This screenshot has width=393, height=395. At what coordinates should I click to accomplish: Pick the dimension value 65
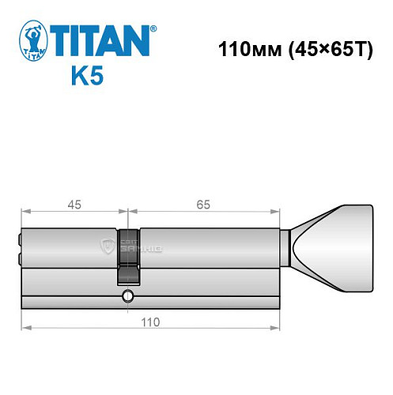click(203, 205)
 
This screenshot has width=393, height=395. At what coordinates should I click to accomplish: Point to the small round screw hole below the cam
click(127, 298)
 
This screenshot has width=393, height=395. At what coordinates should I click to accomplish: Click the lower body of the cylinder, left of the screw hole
click(71, 288)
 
